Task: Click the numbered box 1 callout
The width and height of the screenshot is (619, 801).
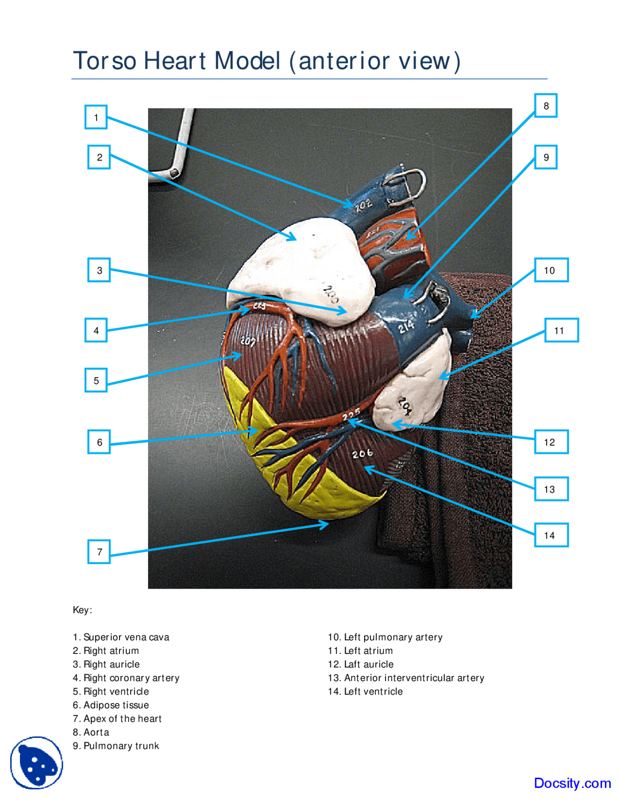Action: (x=96, y=117)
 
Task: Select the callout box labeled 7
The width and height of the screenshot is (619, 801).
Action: (x=99, y=551)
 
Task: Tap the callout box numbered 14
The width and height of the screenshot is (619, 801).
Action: (x=551, y=535)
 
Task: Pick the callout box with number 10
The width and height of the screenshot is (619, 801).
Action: (x=551, y=270)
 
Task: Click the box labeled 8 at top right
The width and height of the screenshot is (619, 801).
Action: (x=545, y=105)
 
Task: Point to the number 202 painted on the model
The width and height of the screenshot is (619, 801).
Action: (x=363, y=206)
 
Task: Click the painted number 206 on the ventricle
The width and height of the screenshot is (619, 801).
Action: (x=362, y=453)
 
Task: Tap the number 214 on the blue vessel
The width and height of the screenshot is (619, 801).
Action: (x=406, y=327)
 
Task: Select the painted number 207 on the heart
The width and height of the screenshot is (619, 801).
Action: (x=248, y=341)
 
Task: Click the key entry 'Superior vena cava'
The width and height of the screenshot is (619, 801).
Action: (x=121, y=637)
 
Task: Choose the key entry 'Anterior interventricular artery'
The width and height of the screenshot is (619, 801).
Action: (x=406, y=678)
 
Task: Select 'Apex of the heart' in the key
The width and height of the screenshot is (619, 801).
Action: (x=117, y=718)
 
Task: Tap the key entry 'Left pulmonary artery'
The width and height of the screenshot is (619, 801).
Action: (x=385, y=637)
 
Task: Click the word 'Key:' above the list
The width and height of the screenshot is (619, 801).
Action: (x=82, y=609)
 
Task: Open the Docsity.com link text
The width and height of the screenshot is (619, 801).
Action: (x=572, y=783)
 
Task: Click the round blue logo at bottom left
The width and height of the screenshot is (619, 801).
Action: (x=37, y=762)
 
